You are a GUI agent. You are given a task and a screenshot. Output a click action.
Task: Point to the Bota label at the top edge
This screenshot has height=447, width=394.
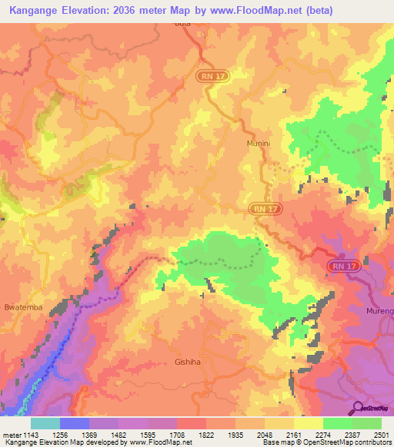pos(182,25)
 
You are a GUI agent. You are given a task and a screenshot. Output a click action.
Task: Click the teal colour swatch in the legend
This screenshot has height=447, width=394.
pos(45,423)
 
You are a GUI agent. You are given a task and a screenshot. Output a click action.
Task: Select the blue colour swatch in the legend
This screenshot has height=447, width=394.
pos(74,423)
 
